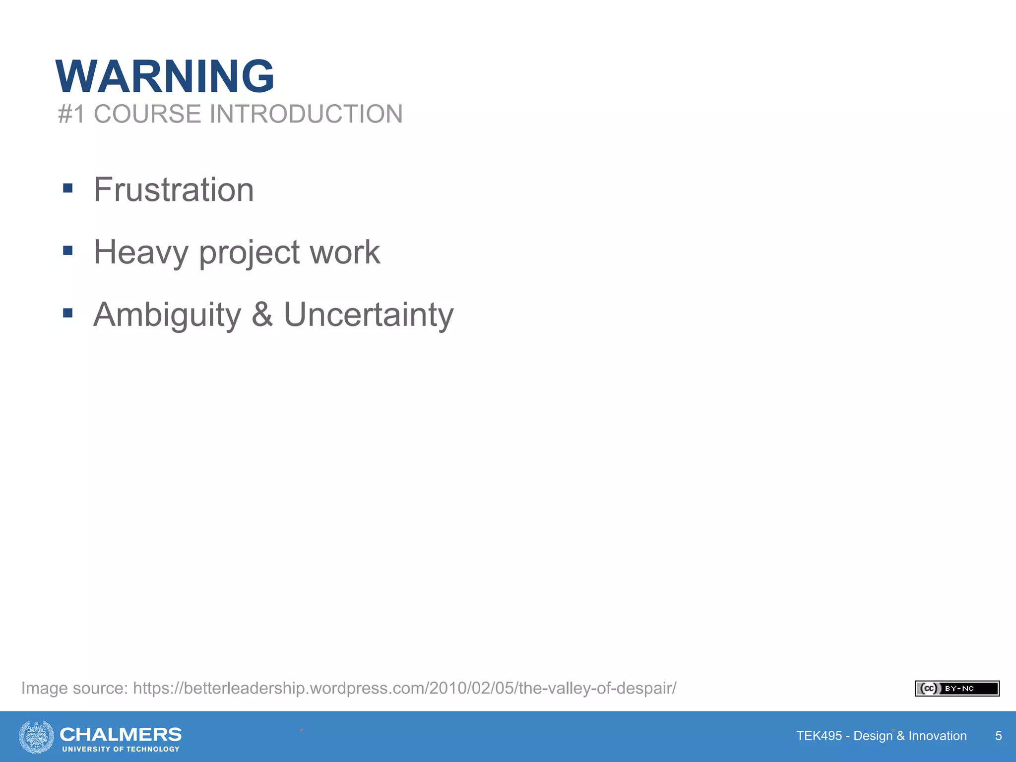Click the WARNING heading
165,76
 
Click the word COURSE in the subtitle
147,114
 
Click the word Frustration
174,190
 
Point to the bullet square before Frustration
68,188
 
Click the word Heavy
141,253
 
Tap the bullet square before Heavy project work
68,251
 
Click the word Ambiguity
167,315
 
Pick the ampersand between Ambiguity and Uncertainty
262,314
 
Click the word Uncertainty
369,315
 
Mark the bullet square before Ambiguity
68,313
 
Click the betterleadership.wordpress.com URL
404,689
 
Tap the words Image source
74,689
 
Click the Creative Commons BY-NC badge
956,689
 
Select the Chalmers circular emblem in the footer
37,737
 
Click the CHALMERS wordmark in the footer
121,734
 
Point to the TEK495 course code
819,736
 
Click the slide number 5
998,736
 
